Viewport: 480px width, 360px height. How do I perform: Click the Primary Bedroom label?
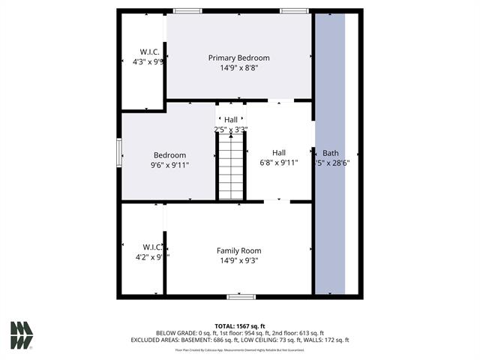(238, 58)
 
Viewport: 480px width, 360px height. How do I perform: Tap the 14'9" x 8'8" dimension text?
(238, 68)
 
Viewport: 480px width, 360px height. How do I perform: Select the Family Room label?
(238, 250)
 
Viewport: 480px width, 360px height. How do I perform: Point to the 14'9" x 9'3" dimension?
(238, 261)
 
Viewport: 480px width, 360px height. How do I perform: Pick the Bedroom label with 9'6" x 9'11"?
(169, 155)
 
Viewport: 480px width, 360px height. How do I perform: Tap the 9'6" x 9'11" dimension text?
(169, 166)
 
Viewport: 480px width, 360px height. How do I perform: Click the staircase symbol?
(231, 170)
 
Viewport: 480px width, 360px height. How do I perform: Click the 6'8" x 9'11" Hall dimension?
(279, 162)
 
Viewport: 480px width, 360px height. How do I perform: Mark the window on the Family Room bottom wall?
(241, 297)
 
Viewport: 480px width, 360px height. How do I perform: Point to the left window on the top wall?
(187, 10)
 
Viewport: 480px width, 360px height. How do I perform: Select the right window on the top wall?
(294, 10)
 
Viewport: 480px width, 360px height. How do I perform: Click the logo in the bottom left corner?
(22, 335)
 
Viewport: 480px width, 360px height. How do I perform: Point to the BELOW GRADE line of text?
(240, 333)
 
